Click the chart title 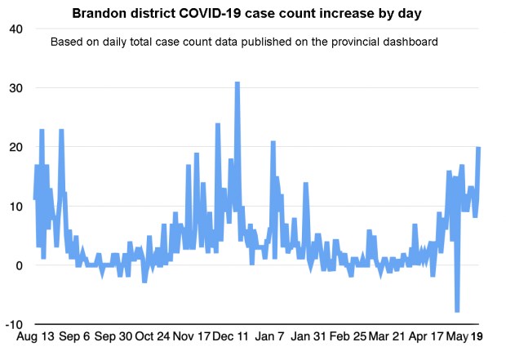tap(251, 14)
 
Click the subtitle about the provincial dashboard tap(245, 41)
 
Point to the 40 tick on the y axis tap(16, 29)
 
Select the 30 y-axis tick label tap(16, 88)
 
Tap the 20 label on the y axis tap(16, 148)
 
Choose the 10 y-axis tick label tap(16, 207)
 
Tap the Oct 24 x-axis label tap(153, 336)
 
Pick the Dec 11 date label tap(232, 336)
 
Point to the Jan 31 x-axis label tap(311, 336)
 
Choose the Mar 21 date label tap(389, 336)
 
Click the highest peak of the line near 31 tap(237, 83)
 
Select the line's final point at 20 tap(478, 148)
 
